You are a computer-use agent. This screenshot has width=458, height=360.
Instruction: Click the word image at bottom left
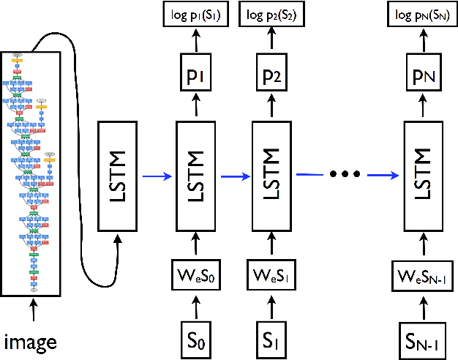31,341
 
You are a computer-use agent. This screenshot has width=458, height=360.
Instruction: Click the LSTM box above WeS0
195,175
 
